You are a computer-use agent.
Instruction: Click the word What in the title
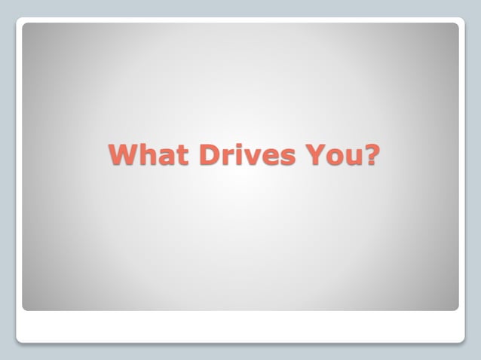coord(149,155)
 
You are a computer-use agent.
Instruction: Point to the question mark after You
coord(371,155)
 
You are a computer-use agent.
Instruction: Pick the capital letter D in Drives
coord(210,155)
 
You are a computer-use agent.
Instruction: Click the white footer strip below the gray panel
coord(240,326)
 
